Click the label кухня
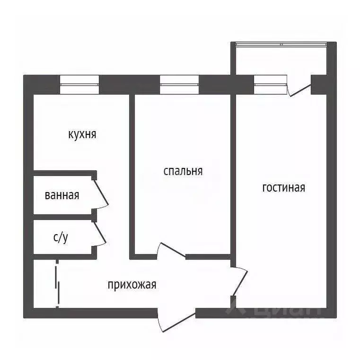[82, 134]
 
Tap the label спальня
[183, 171]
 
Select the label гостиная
[283, 188]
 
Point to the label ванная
[61, 195]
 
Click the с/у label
[61, 237]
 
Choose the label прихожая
[132, 285]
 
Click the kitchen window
[79, 85]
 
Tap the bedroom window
[179, 85]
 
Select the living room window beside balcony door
[271, 85]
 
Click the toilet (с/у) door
[100, 234]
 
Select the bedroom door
[171, 251]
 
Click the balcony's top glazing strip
[282, 44]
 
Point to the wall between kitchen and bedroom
[131, 170]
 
